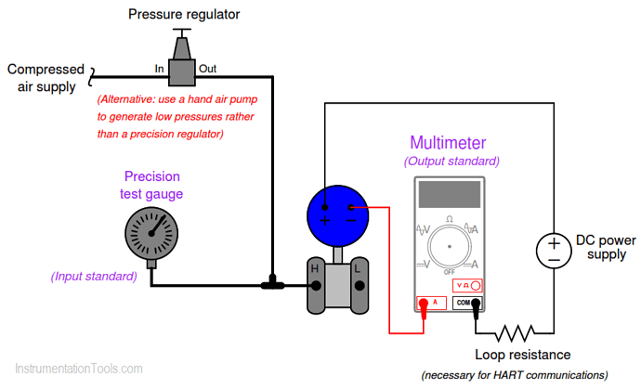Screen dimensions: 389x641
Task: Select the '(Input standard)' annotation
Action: click(x=94, y=276)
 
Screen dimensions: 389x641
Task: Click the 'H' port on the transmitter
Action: click(x=315, y=269)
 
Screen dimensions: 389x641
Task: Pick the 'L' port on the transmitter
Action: click(x=357, y=269)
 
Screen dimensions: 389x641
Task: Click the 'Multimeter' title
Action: click(x=448, y=143)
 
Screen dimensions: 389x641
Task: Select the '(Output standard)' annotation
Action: click(x=451, y=161)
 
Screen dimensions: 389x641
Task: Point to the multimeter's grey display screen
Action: click(x=449, y=194)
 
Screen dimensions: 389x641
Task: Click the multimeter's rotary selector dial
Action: click(x=450, y=247)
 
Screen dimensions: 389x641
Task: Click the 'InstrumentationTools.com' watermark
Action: click(x=80, y=370)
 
